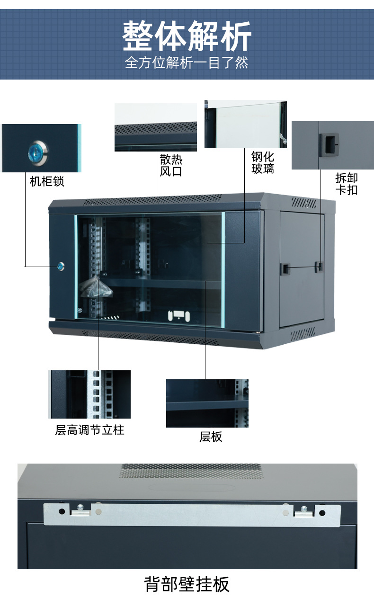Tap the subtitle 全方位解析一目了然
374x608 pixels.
click(187, 63)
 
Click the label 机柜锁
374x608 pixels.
click(47, 181)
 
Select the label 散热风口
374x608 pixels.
click(171, 165)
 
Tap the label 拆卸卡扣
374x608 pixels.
click(347, 184)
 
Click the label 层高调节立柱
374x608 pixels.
click(89, 430)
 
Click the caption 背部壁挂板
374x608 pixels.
click(187, 584)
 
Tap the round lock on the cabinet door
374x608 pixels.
click(61, 266)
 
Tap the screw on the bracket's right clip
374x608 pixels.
click(304, 509)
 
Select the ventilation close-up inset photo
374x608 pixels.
click(155, 127)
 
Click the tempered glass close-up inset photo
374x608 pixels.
click(245, 124)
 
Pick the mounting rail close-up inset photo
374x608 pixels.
click(89, 394)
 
